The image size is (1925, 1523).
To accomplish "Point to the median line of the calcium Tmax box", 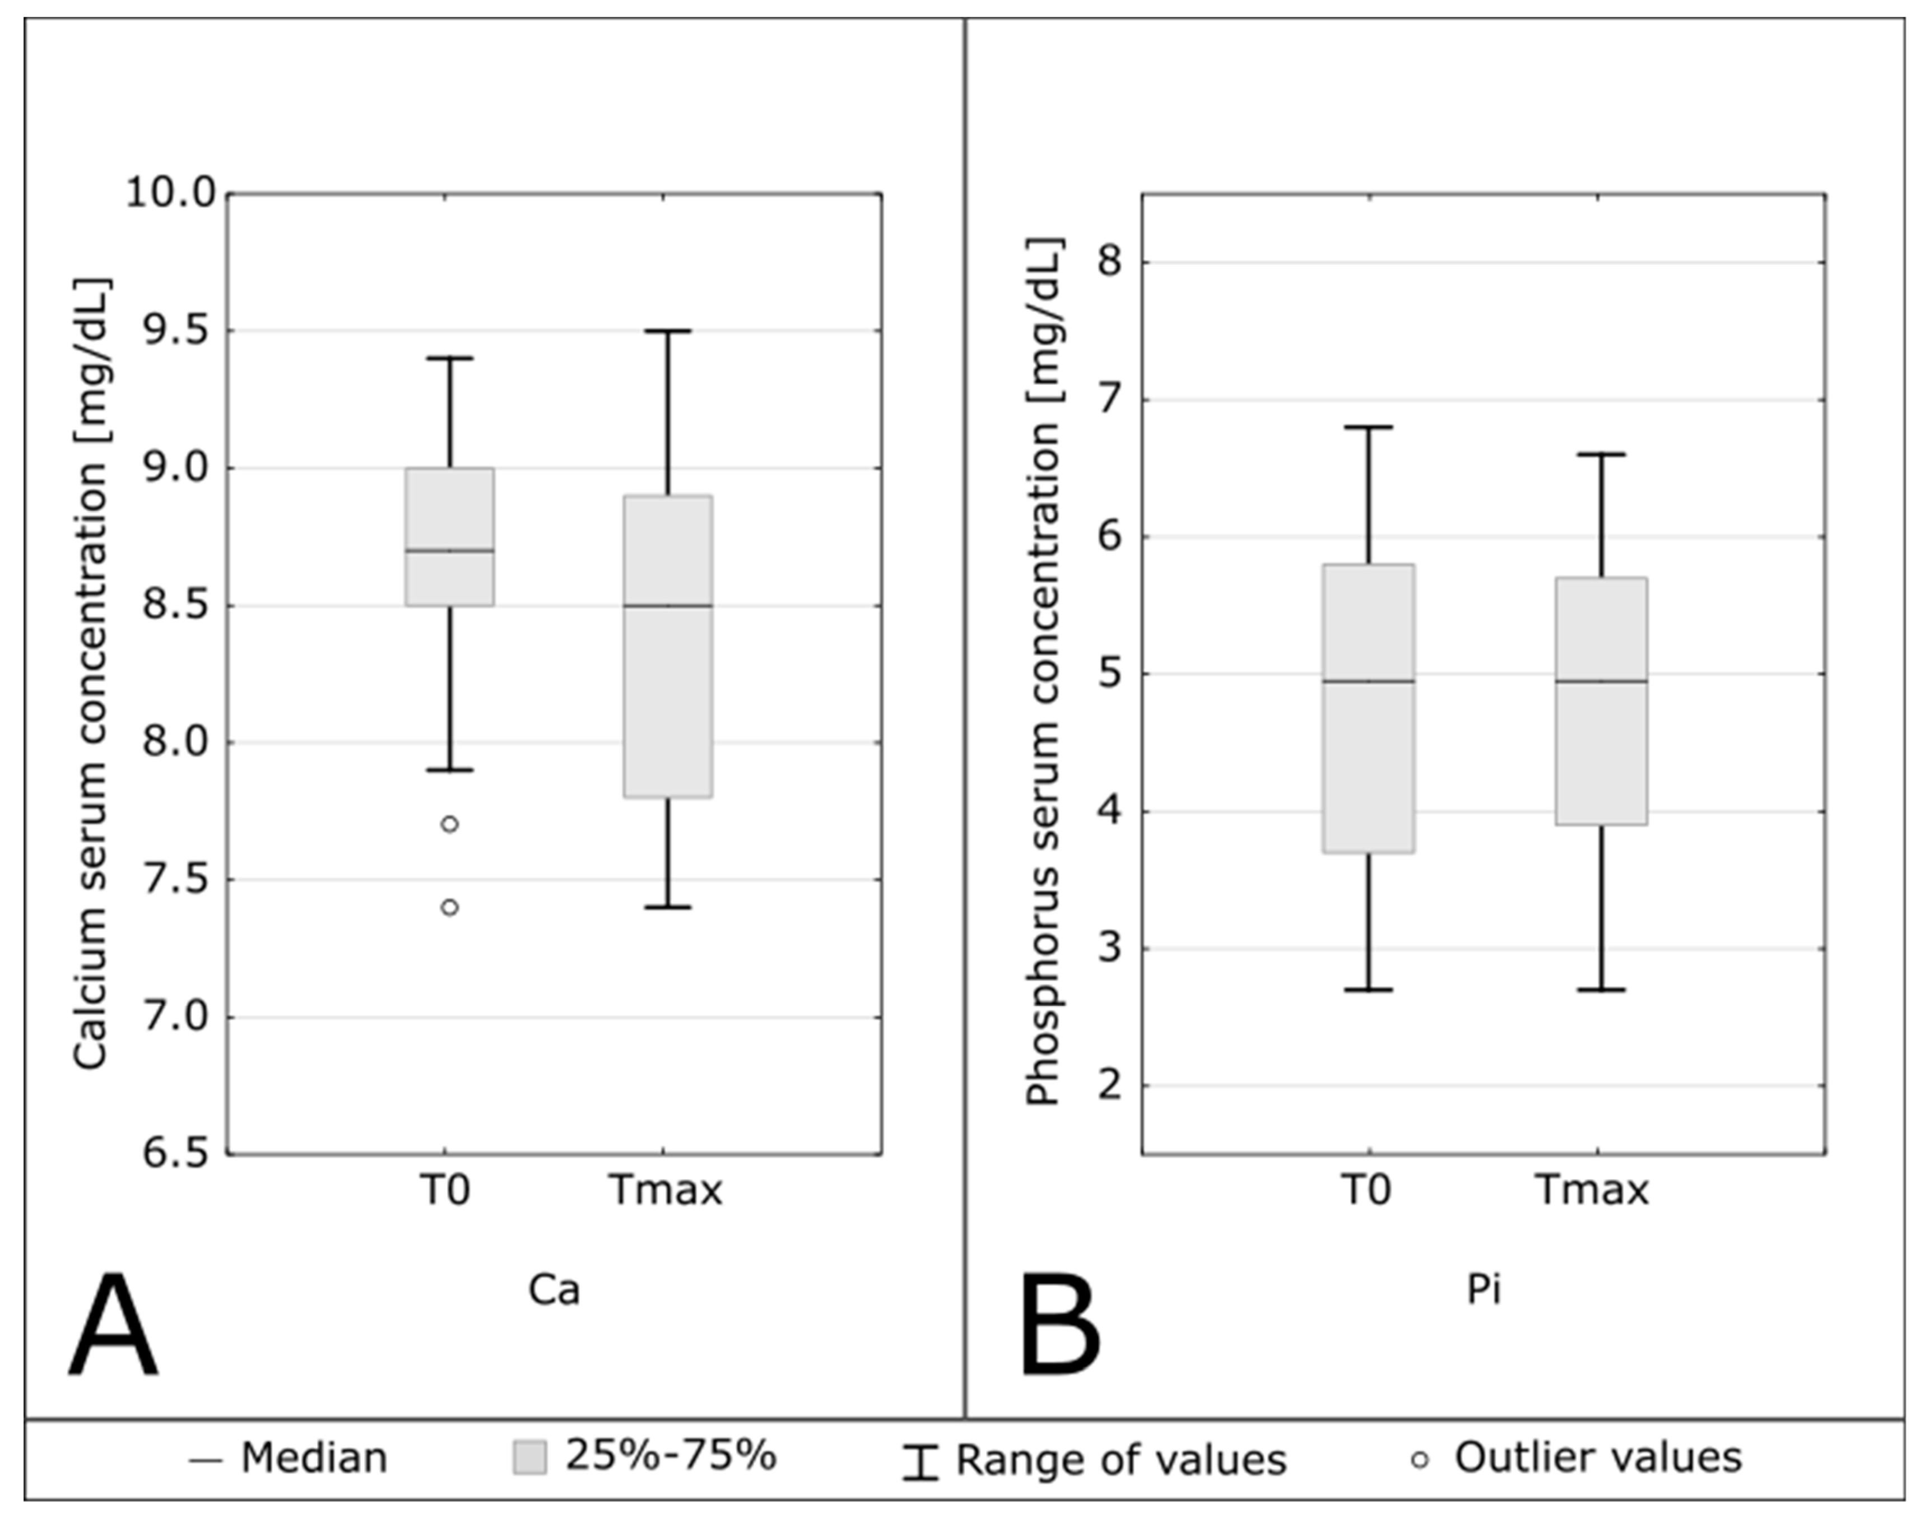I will (668, 606).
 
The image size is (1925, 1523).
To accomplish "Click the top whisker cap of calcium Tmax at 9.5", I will (668, 331).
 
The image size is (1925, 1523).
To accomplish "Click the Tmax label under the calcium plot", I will (665, 1190).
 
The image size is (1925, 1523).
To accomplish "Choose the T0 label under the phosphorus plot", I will (1365, 1190).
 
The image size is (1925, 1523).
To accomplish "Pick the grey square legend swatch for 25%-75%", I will (529, 1459).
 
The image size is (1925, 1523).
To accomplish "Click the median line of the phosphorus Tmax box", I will (1601, 681).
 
